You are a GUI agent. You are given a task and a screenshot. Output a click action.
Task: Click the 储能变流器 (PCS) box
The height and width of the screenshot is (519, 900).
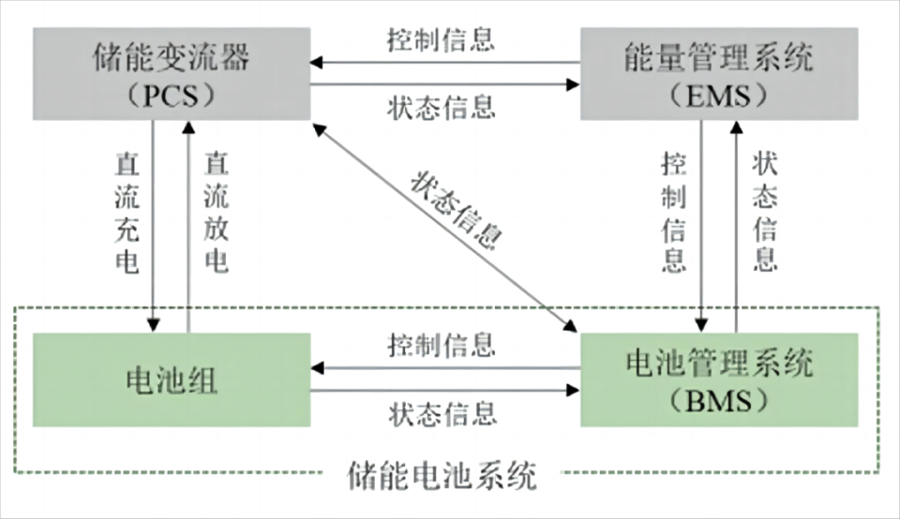tap(172, 74)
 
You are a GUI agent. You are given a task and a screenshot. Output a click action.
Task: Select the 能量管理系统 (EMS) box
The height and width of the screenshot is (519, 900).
tap(718, 74)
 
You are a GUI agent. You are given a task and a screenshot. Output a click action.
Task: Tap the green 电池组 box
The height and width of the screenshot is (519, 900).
tap(172, 380)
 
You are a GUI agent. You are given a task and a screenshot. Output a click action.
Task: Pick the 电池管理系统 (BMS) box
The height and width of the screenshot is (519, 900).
tap(718, 380)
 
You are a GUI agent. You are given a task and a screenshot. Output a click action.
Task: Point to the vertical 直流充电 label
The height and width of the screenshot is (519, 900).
tap(127, 215)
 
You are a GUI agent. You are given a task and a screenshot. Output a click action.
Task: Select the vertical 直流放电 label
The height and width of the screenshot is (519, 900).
tap(217, 215)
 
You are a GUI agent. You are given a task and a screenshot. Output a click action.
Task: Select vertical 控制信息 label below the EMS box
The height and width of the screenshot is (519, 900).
tap(674, 215)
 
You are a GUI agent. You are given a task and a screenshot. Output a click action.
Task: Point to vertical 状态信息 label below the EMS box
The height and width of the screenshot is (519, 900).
tap(765, 215)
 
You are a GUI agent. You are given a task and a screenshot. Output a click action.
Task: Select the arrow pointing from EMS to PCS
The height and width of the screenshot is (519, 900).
tap(445, 63)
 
